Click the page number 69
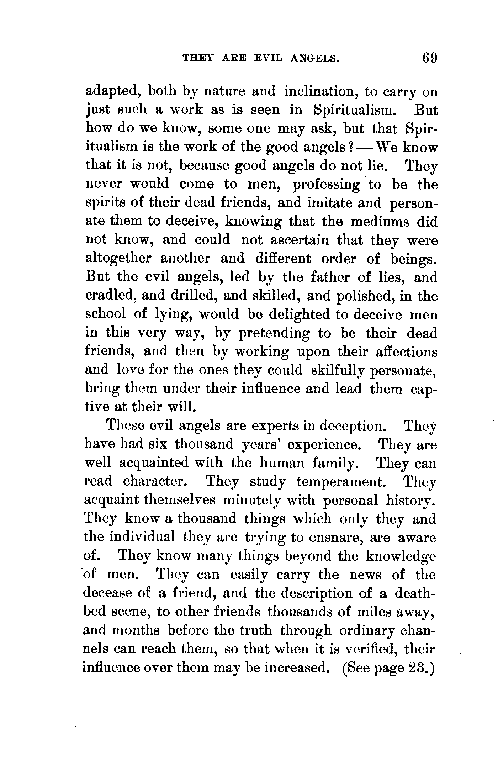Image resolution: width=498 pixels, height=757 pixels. click(x=428, y=58)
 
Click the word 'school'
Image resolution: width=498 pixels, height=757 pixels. click(x=106, y=314)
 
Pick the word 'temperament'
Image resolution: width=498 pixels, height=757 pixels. click(x=341, y=481)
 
